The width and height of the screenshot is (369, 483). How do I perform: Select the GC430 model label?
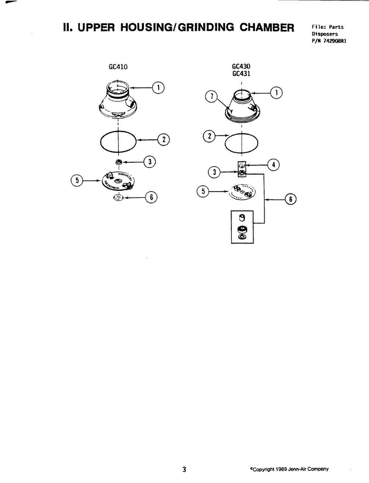tap(241, 67)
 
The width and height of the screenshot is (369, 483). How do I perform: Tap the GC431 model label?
tap(241, 73)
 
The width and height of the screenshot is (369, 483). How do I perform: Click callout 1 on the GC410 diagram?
tap(159, 87)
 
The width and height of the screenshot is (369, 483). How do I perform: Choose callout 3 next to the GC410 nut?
tap(150, 161)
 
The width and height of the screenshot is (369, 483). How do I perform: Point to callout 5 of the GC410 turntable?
tap(77, 180)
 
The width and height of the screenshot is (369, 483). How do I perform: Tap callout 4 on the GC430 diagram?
tap(273, 165)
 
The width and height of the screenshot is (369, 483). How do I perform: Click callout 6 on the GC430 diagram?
tap(291, 200)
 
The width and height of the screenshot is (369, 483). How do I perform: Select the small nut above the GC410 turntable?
tap(119, 162)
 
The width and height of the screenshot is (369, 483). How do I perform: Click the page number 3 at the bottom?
tap(184, 469)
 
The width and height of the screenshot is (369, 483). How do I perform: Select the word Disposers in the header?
tap(325, 34)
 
